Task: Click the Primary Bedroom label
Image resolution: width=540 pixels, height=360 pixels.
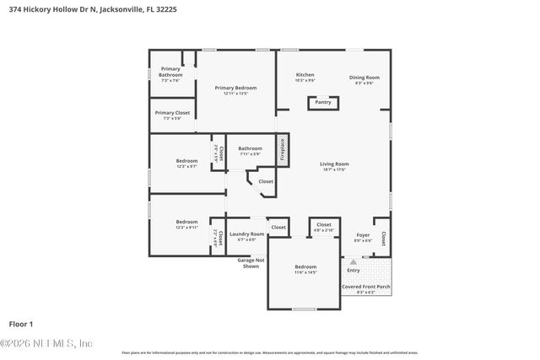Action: pyautogui.click(x=235, y=90)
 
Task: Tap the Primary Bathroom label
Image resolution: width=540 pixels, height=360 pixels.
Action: pyautogui.click(x=170, y=73)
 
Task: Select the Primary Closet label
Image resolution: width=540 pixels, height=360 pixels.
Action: pyautogui.click(x=170, y=115)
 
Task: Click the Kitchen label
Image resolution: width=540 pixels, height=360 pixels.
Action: pyautogui.click(x=305, y=78)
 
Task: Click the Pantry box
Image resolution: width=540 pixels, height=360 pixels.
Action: pyautogui.click(x=323, y=103)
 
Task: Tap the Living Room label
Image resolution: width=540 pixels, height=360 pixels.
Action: pyautogui.click(x=334, y=166)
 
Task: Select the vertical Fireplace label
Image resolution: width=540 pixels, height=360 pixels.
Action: pyautogui.click(x=283, y=150)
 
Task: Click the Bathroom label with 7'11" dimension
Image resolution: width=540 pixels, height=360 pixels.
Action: pyautogui.click(x=250, y=151)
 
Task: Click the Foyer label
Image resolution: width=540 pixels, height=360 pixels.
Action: pyautogui.click(x=363, y=237)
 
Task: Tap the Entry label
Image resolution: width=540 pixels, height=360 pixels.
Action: pyautogui.click(x=354, y=270)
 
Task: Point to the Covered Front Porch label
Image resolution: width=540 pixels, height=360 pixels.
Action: pyautogui.click(x=365, y=289)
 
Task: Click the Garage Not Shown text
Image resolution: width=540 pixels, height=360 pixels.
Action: pyautogui.click(x=251, y=263)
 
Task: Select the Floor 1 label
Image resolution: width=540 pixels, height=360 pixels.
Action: pyautogui.click(x=20, y=324)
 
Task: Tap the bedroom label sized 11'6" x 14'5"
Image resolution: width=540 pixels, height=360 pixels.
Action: pyautogui.click(x=305, y=270)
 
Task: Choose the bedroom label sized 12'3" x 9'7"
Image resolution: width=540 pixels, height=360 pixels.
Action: pyautogui.click(x=186, y=163)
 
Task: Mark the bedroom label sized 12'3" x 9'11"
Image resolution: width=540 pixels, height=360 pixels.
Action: pyautogui.click(x=186, y=224)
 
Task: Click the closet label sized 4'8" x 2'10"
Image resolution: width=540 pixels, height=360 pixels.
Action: pyautogui.click(x=324, y=227)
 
